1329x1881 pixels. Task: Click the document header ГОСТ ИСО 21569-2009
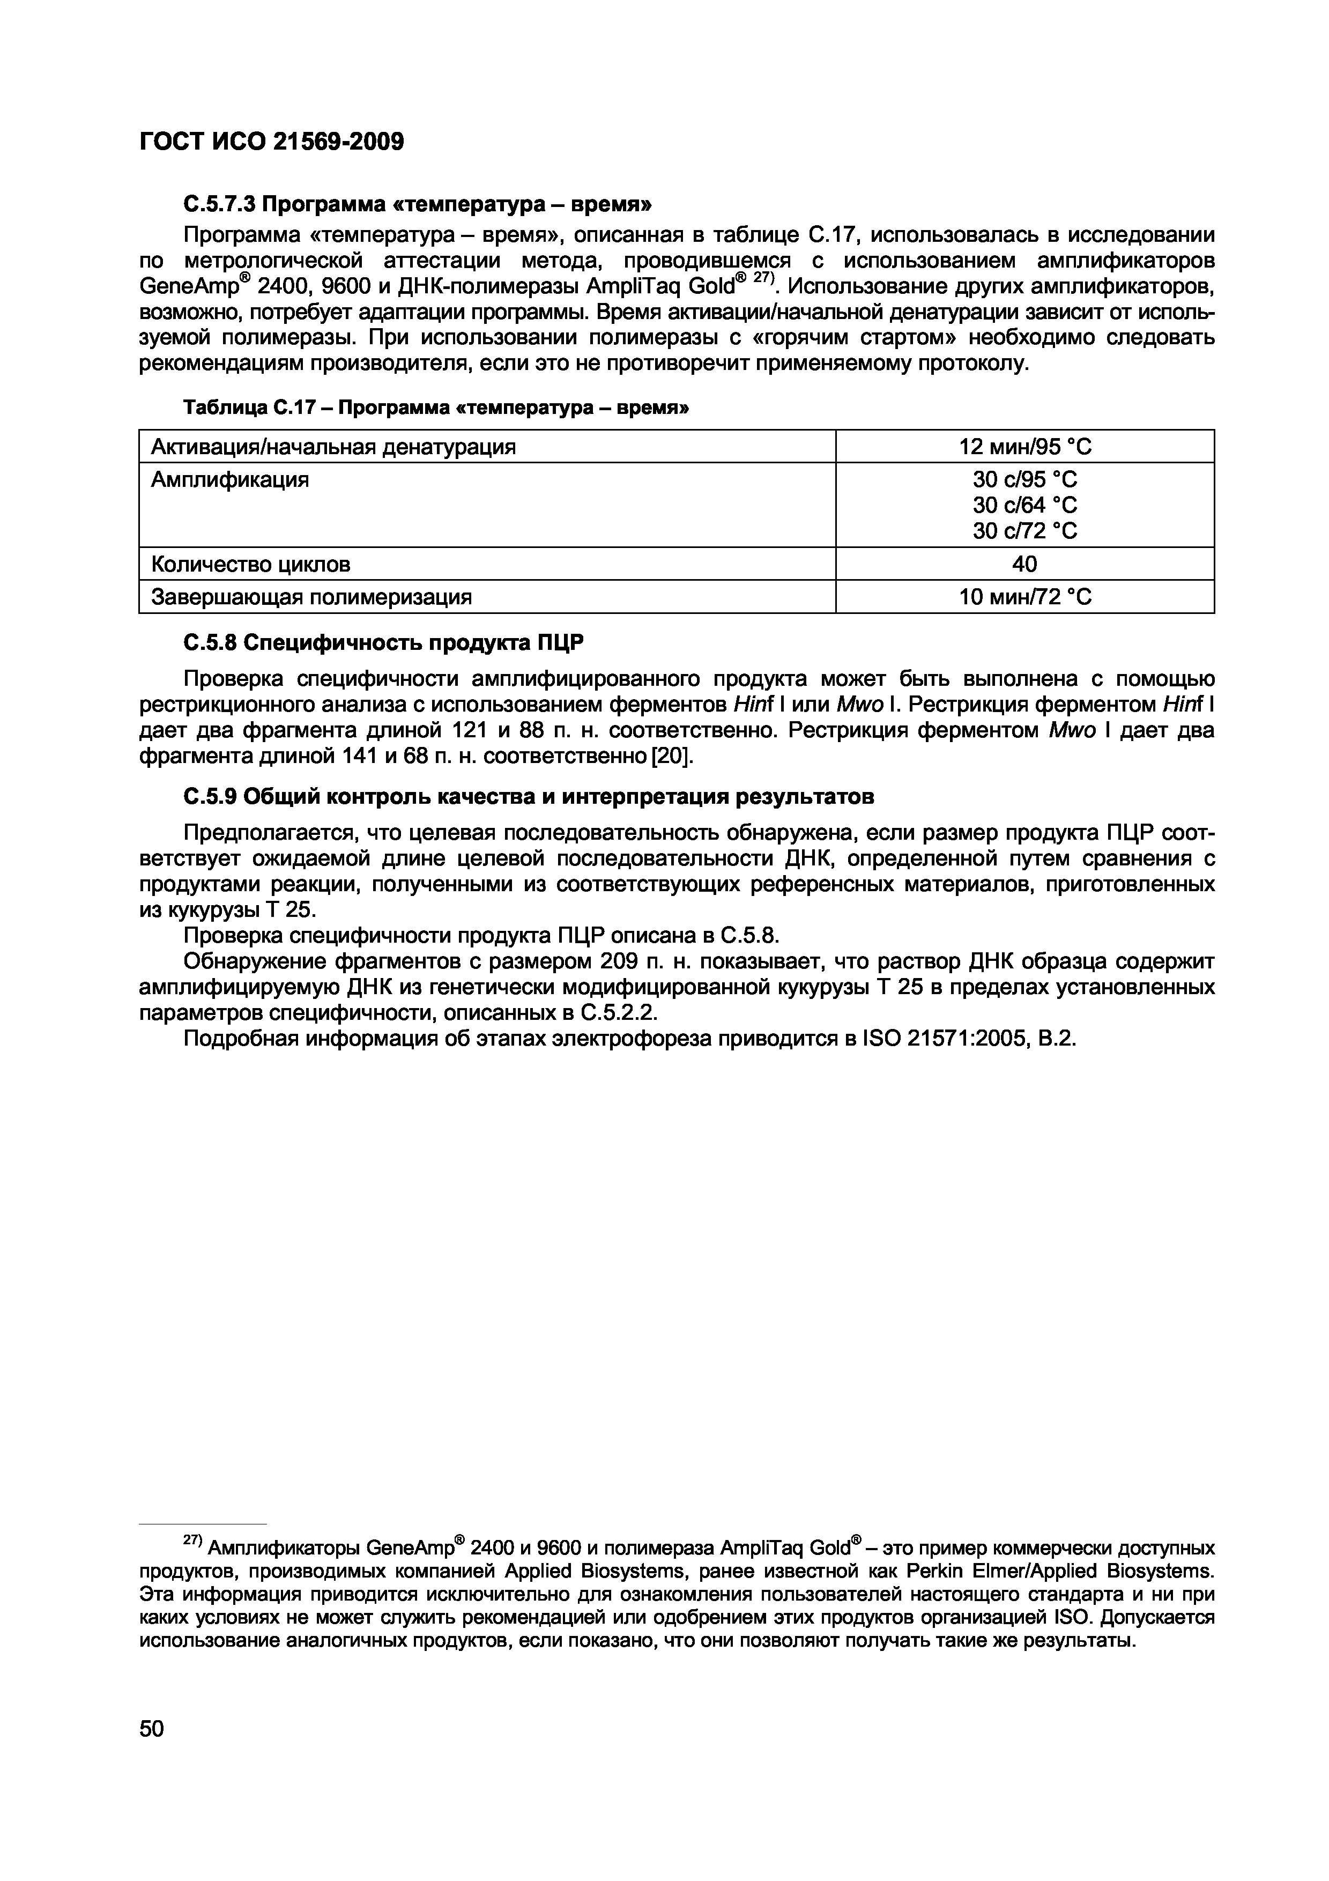point(272,142)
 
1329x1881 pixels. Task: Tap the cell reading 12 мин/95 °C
point(1024,447)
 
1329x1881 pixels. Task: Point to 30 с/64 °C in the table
point(1024,505)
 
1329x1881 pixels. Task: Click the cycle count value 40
point(1024,564)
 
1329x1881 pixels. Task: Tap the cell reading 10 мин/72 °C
point(1024,596)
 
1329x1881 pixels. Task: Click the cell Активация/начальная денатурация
point(333,447)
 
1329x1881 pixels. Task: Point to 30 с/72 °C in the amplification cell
point(1024,531)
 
